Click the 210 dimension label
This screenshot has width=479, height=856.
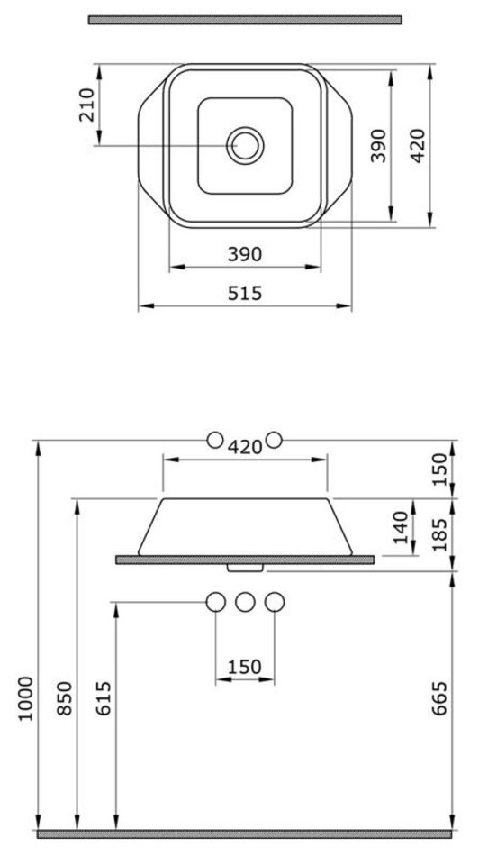86,105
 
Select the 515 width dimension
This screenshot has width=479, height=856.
245,293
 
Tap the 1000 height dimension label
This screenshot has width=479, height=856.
25,699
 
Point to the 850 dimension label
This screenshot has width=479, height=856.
64,698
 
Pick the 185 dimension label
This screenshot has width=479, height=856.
438,533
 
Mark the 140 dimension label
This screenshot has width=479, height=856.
401,527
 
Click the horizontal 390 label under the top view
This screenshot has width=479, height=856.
245,254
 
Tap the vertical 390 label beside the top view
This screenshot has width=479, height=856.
378,146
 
